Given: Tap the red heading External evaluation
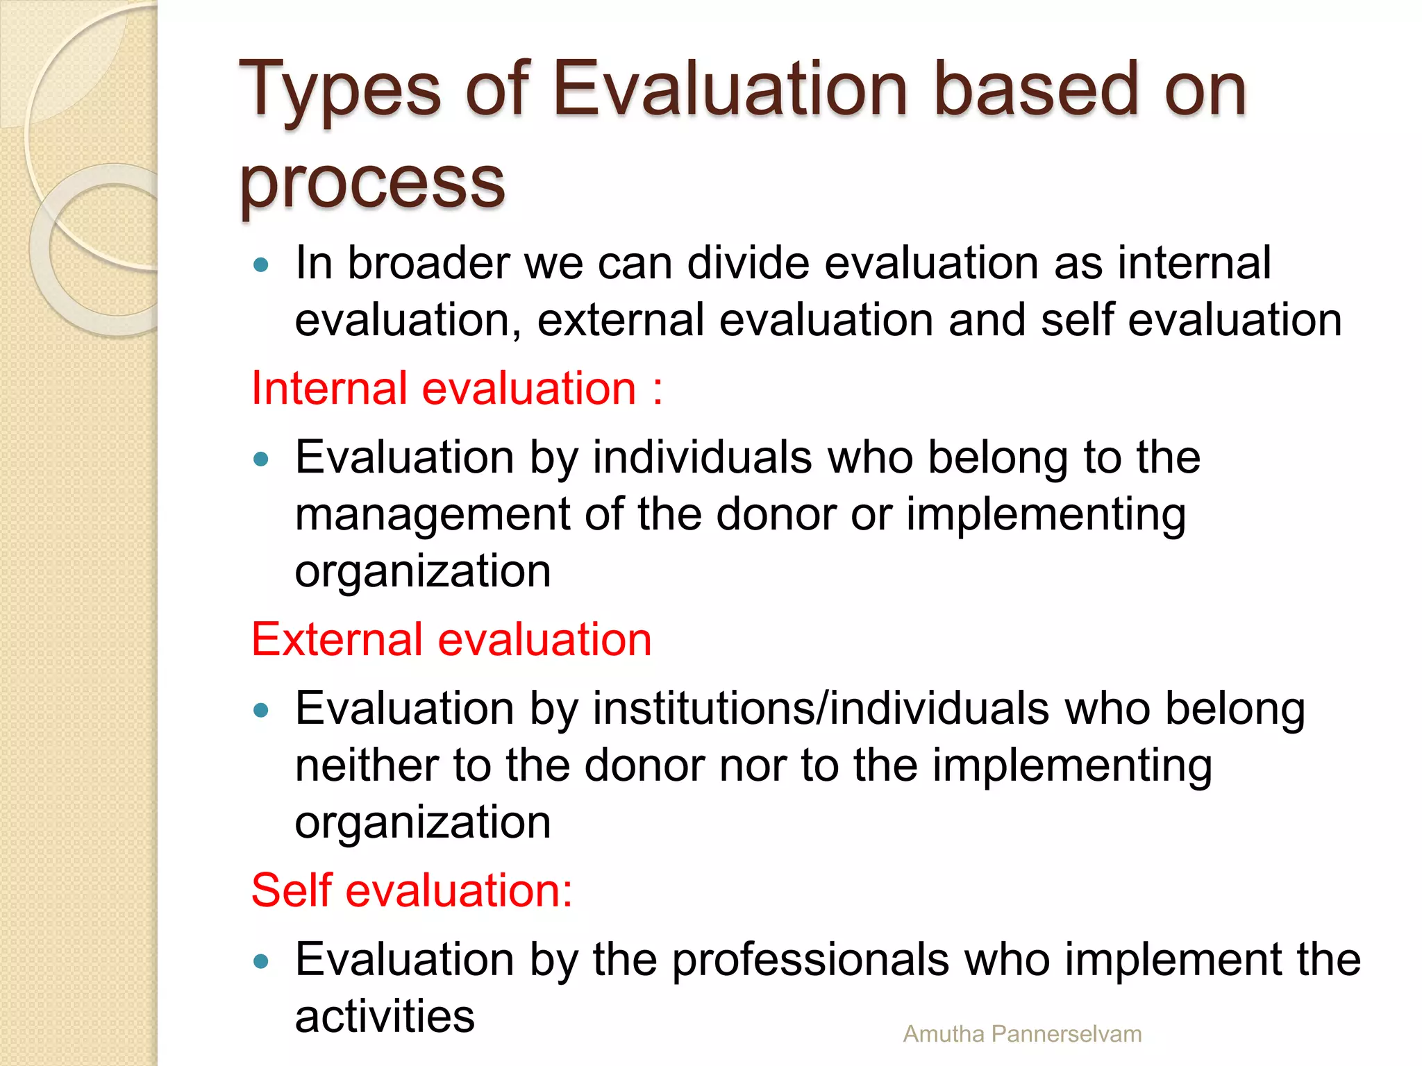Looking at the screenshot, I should coord(451,639).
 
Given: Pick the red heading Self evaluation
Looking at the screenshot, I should coord(411,890).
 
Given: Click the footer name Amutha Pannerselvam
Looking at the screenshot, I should coord(1022,1034).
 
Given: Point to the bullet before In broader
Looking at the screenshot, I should coord(261,264).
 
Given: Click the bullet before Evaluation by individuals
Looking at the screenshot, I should coord(261,459).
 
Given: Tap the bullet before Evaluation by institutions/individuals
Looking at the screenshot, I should coord(261,710).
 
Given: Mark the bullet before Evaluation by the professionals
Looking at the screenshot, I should coord(261,961).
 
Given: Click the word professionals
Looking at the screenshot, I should coord(810,961).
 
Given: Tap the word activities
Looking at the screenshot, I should coord(385,1017).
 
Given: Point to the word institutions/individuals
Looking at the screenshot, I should coord(821,709).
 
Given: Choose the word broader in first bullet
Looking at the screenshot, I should coord(428,264).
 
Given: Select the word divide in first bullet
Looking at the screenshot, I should coord(748,264).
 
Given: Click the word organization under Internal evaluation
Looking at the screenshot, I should coord(423,571).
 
